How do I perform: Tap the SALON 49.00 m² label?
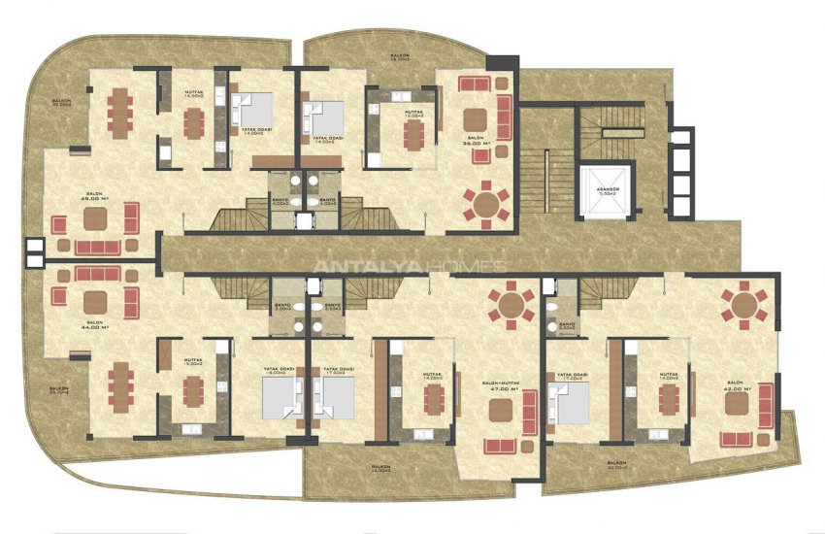pos(95,197)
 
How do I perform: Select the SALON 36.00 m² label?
pos(476,142)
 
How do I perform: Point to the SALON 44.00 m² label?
pos(95,327)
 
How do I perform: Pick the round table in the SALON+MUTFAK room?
pos(510,305)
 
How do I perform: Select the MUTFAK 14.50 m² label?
pos(192,94)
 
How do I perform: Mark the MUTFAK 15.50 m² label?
pos(192,362)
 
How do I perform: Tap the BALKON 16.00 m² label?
pos(398,58)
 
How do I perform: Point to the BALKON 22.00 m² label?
pos(381,470)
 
